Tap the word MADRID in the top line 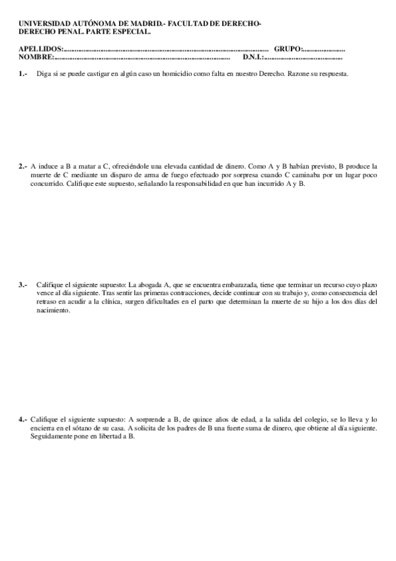pyautogui.click(x=146, y=24)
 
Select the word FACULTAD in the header pyautogui.click(x=192, y=24)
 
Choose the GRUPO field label pyautogui.click(x=287, y=49)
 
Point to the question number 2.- pyautogui.click(x=23, y=166)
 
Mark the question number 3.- pyautogui.click(x=23, y=284)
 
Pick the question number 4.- pyautogui.click(x=23, y=419)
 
